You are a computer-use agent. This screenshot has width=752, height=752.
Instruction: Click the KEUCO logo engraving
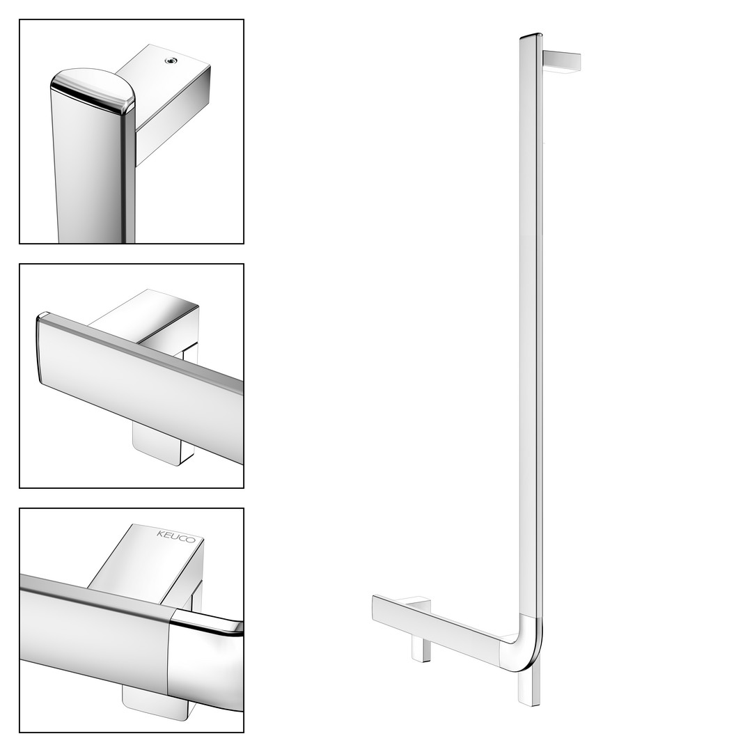pos(176,536)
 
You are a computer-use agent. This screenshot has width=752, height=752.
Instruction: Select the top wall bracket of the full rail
pos(562,63)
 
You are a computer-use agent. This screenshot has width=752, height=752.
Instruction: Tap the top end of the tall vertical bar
pos(531,36)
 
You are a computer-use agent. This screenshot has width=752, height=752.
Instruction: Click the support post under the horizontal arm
pos(421,650)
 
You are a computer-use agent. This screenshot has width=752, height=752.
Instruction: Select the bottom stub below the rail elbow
pos(530,686)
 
